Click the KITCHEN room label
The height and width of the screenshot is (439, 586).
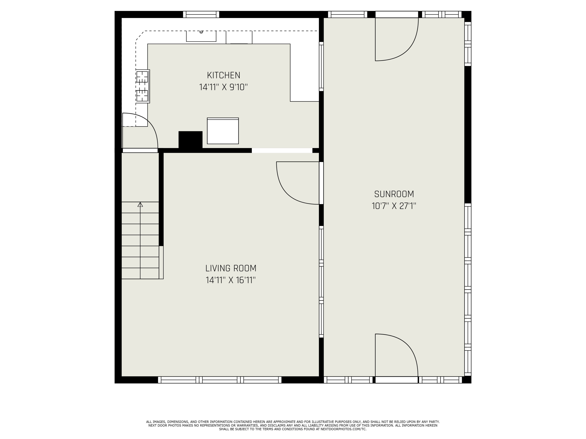coord(223,76)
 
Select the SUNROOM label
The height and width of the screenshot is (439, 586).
coord(394,194)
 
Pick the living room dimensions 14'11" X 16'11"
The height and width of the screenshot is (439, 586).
coord(231,280)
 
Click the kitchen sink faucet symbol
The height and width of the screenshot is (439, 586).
coord(201,32)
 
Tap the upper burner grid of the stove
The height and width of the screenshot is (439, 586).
coord(142,77)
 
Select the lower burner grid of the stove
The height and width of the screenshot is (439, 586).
coord(142,96)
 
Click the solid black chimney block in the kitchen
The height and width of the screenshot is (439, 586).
coord(190,140)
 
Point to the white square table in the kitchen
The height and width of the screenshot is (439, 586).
coord(223,131)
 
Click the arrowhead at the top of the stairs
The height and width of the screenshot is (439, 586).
coord(140,204)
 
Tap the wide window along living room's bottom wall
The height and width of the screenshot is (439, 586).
coord(220,380)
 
